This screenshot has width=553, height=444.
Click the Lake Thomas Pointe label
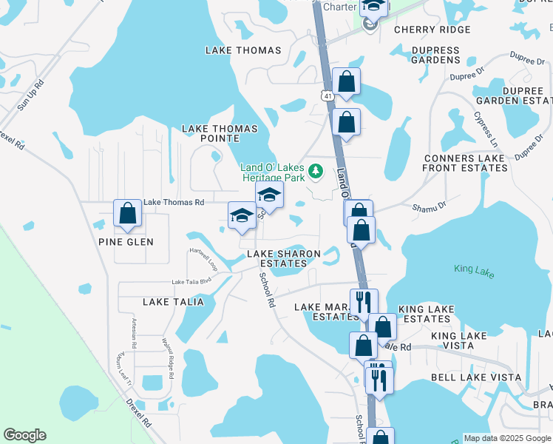click(x=220, y=133)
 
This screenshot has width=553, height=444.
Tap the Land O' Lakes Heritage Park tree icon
click(x=316, y=172)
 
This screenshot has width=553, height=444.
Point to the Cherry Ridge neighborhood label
click(x=432, y=30)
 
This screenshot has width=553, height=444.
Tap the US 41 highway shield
click(x=327, y=95)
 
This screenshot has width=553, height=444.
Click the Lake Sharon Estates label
click(x=283, y=258)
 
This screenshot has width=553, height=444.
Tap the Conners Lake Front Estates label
click(x=465, y=163)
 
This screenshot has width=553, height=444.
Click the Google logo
click(x=24, y=435)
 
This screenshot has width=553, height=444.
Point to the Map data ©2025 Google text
click(x=506, y=438)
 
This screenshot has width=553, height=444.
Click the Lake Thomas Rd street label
click(x=174, y=202)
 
